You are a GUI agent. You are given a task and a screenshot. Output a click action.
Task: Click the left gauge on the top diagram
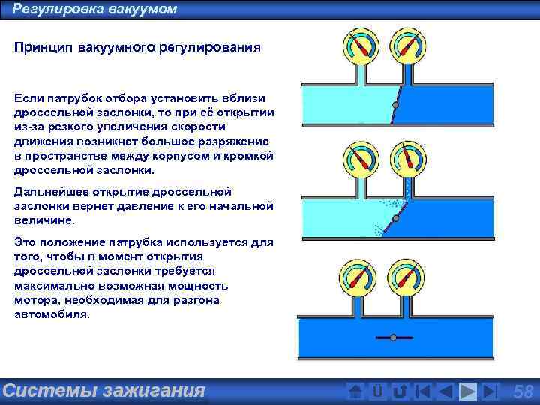(358, 46)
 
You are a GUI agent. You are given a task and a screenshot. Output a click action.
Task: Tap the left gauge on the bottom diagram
(358, 276)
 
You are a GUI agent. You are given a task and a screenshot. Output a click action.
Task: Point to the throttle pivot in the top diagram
(396, 108)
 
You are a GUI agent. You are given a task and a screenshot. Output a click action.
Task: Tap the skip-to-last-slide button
(490, 391)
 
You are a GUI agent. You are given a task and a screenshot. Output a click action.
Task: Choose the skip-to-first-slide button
(423, 391)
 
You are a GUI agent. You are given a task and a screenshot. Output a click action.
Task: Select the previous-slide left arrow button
(445, 391)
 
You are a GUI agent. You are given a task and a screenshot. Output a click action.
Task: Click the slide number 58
(523, 391)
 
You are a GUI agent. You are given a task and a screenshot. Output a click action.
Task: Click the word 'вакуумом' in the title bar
(143, 9)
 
